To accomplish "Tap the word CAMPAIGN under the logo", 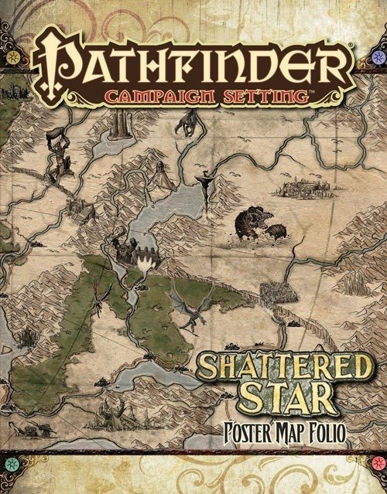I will click(x=154, y=99).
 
